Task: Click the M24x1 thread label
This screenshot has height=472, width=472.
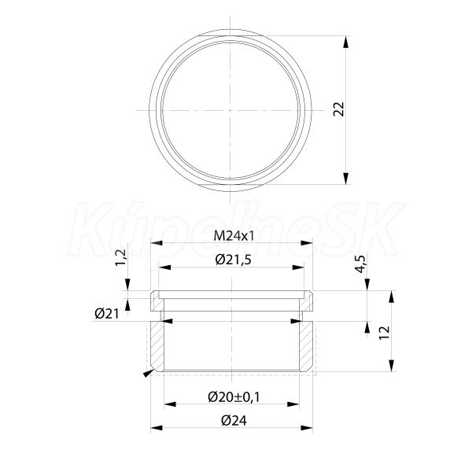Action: (234, 236)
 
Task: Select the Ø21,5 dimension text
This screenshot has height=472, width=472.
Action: (234, 260)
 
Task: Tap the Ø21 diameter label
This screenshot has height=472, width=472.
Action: (107, 314)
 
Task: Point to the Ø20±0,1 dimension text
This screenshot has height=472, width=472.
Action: (234, 397)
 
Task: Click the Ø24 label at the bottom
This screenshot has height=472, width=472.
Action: (234, 421)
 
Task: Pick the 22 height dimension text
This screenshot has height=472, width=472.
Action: (338, 109)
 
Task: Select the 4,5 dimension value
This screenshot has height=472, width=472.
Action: (360, 264)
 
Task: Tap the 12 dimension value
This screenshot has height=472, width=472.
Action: (385, 333)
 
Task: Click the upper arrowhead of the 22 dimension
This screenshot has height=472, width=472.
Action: (346, 42)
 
